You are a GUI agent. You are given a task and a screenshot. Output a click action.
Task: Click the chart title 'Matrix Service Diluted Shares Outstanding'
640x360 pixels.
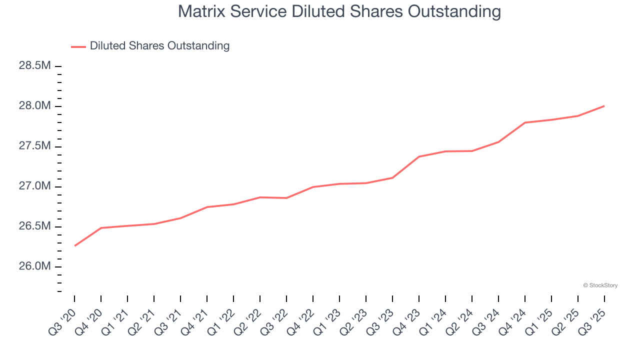tap(339, 11)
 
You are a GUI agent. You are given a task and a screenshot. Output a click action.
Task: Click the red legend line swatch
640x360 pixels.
tap(78, 46)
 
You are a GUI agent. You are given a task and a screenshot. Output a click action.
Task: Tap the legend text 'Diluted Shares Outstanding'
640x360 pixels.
tap(159, 46)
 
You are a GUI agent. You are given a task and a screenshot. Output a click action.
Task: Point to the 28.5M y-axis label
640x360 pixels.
tap(35, 66)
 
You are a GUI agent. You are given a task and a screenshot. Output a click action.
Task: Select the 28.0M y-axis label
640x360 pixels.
tap(35, 106)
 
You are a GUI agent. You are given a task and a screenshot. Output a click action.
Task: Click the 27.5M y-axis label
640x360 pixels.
tap(35, 146)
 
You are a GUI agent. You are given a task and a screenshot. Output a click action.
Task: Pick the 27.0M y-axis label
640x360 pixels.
tap(35, 186)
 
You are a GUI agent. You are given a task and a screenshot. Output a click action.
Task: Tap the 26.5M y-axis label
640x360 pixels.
tap(35, 226)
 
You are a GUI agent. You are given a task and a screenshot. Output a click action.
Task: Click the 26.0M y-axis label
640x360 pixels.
tap(35, 266)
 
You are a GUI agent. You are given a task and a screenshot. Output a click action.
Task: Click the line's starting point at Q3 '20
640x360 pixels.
tap(75, 245)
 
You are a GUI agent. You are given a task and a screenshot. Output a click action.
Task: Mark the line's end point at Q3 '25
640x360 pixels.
tap(604, 106)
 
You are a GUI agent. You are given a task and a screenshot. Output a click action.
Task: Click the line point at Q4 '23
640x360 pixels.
tap(419, 156)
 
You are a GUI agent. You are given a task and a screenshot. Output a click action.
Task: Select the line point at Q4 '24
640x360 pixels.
tap(525, 122)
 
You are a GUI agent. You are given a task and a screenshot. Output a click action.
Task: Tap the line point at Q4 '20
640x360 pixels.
tap(101, 228)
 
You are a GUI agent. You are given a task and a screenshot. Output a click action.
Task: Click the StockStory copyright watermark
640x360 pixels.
tap(600, 285)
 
